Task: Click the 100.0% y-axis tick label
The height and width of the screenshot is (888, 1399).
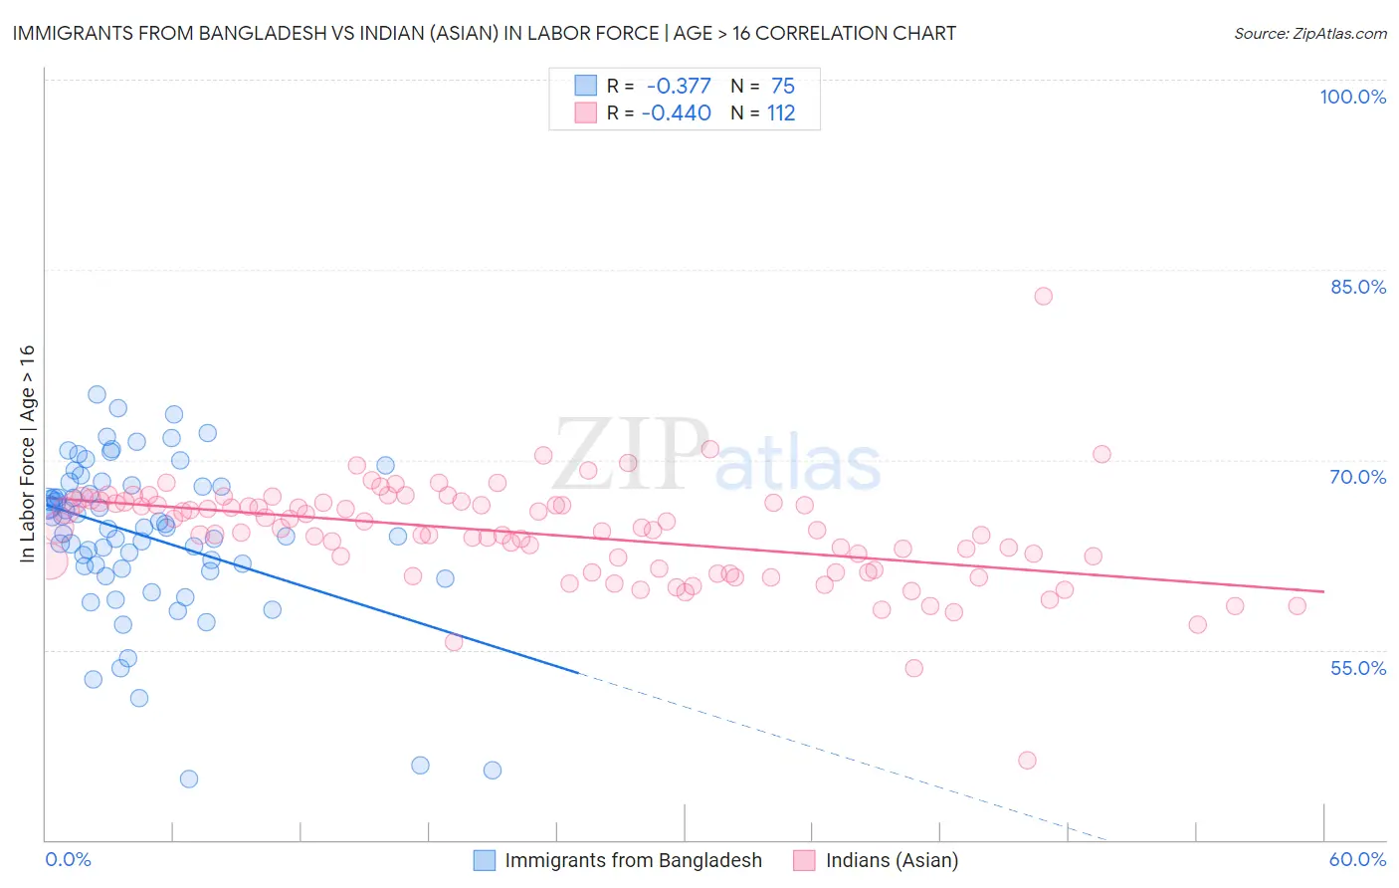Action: pyautogui.click(x=1352, y=97)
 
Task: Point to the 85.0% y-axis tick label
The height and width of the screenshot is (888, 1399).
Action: pyautogui.click(x=1357, y=287)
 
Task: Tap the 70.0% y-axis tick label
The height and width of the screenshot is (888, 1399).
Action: pyautogui.click(x=1357, y=477)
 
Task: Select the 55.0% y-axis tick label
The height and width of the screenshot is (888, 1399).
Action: pyautogui.click(x=1357, y=667)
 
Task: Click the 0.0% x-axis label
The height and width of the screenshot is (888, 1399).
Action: pyautogui.click(x=68, y=859)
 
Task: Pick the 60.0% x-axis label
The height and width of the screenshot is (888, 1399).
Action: pyautogui.click(x=1357, y=859)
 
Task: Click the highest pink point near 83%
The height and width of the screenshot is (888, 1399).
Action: pyautogui.click(x=1043, y=296)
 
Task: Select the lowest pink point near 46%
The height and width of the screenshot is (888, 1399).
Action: pyautogui.click(x=1027, y=761)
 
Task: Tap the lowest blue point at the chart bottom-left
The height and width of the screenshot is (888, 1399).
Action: pyautogui.click(x=189, y=778)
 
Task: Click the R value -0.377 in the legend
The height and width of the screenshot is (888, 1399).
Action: pyautogui.click(x=679, y=86)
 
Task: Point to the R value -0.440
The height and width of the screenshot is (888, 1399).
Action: pyautogui.click(x=677, y=113)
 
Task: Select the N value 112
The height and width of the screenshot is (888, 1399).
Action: pyautogui.click(x=781, y=113)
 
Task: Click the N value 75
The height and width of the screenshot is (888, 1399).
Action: pyautogui.click(x=783, y=86)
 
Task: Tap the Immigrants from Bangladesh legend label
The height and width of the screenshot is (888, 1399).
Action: pyautogui.click(x=633, y=860)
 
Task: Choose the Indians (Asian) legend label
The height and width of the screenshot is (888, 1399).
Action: pyautogui.click(x=892, y=860)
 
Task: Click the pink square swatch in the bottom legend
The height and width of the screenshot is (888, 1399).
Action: pyautogui.click(x=804, y=860)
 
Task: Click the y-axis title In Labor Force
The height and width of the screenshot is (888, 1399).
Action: pyautogui.click(x=28, y=453)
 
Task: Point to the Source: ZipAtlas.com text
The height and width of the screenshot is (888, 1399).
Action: pyautogui.click(x=1309, y=34)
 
